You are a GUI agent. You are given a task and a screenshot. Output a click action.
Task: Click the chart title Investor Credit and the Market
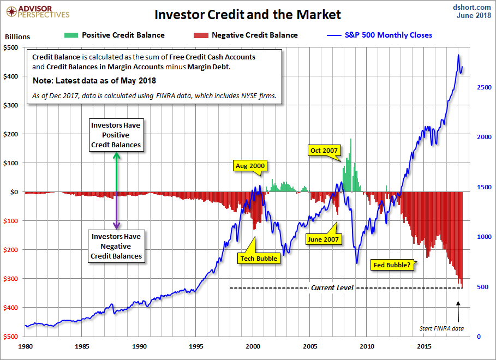coord(247,14)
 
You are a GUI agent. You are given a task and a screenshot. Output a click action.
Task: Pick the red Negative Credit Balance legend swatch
coord(201,35)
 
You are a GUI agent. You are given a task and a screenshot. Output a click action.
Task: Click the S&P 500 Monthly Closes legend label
coord(389,35)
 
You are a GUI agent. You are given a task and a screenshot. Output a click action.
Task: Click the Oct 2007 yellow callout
coord(324,150)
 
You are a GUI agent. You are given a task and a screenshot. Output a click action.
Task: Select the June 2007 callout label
coord(324,239)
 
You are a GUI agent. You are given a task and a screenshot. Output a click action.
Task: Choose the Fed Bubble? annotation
coord(392,265)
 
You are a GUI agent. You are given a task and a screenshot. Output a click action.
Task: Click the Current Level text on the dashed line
coord(332,287)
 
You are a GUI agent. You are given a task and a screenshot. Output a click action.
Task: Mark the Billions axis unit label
coord(17,38)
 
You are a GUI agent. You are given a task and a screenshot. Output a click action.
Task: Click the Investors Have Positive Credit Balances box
coord(116,135)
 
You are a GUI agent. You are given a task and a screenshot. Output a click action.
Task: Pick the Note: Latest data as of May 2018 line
coord(94,81)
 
